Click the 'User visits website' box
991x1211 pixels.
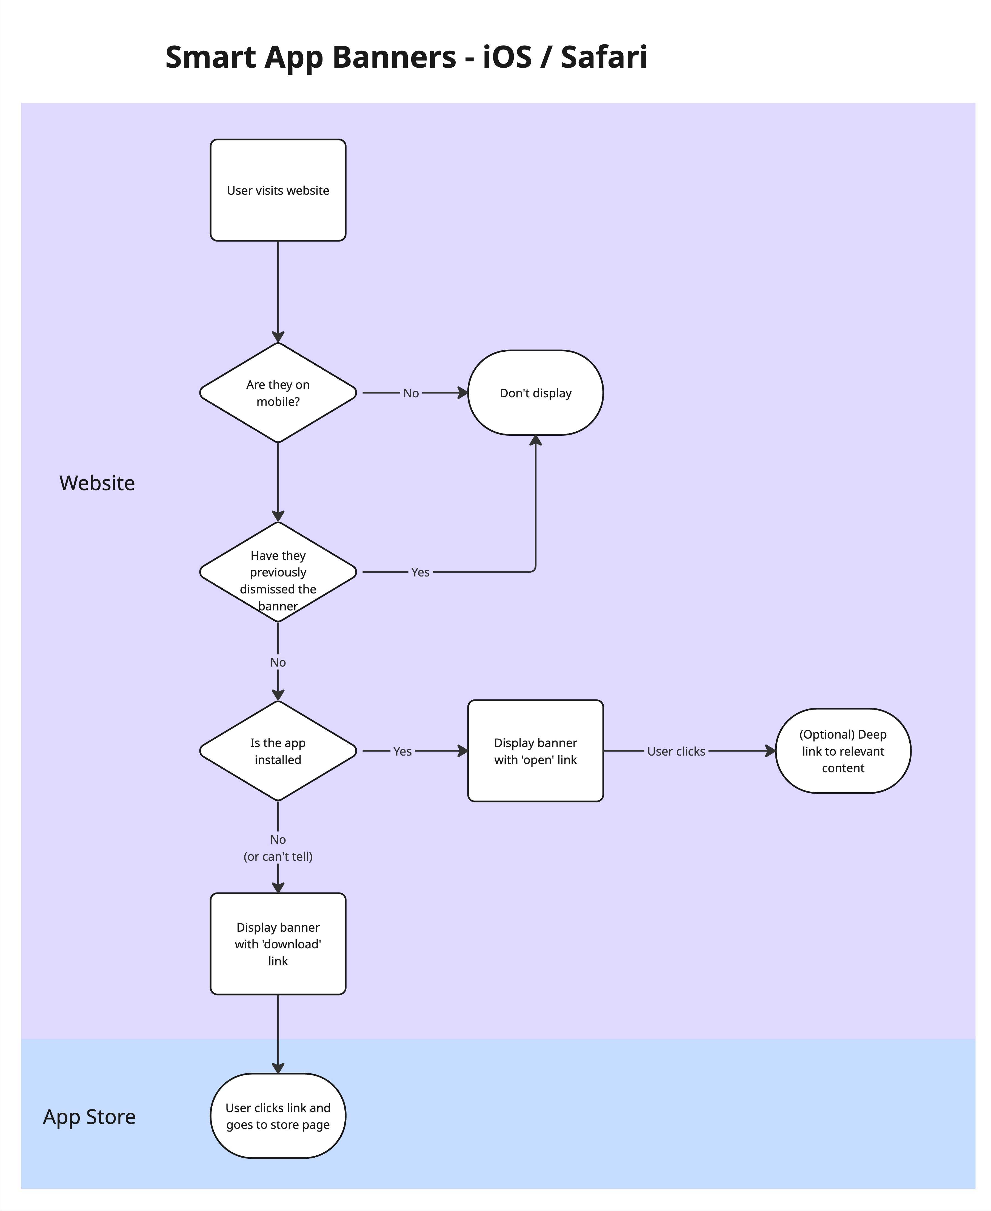point(278,190)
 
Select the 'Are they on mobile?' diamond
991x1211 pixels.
point(278,393)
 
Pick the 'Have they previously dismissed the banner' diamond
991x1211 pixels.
point(278,572)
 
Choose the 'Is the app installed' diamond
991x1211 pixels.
point(278,751)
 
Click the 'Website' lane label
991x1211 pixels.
point(97,483)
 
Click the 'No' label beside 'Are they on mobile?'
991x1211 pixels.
point(411,393)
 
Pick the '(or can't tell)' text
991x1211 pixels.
point(278,857)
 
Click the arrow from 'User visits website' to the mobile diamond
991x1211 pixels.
point(278,291)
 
